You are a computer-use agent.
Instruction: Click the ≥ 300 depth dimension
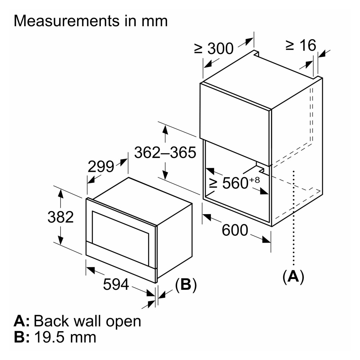click(x=214, y=49)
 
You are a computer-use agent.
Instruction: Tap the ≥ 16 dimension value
click(x=301, y=45)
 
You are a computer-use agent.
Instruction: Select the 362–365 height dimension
click(x=165, y=153)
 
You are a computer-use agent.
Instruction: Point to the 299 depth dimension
click(x=101, y=166)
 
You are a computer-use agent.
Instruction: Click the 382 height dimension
click(x=60, y=217)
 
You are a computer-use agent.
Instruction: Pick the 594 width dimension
click(x=116, y=285)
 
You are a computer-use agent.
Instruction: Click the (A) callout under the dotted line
click(x=293, y=276)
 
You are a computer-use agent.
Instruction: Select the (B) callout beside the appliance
click(x=186, y=285)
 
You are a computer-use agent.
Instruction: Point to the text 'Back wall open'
click(x=87, y=321)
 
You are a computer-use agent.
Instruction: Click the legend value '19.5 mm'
click(x=65, y=337)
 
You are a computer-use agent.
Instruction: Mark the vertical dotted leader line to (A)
click(x=294, y=216)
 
